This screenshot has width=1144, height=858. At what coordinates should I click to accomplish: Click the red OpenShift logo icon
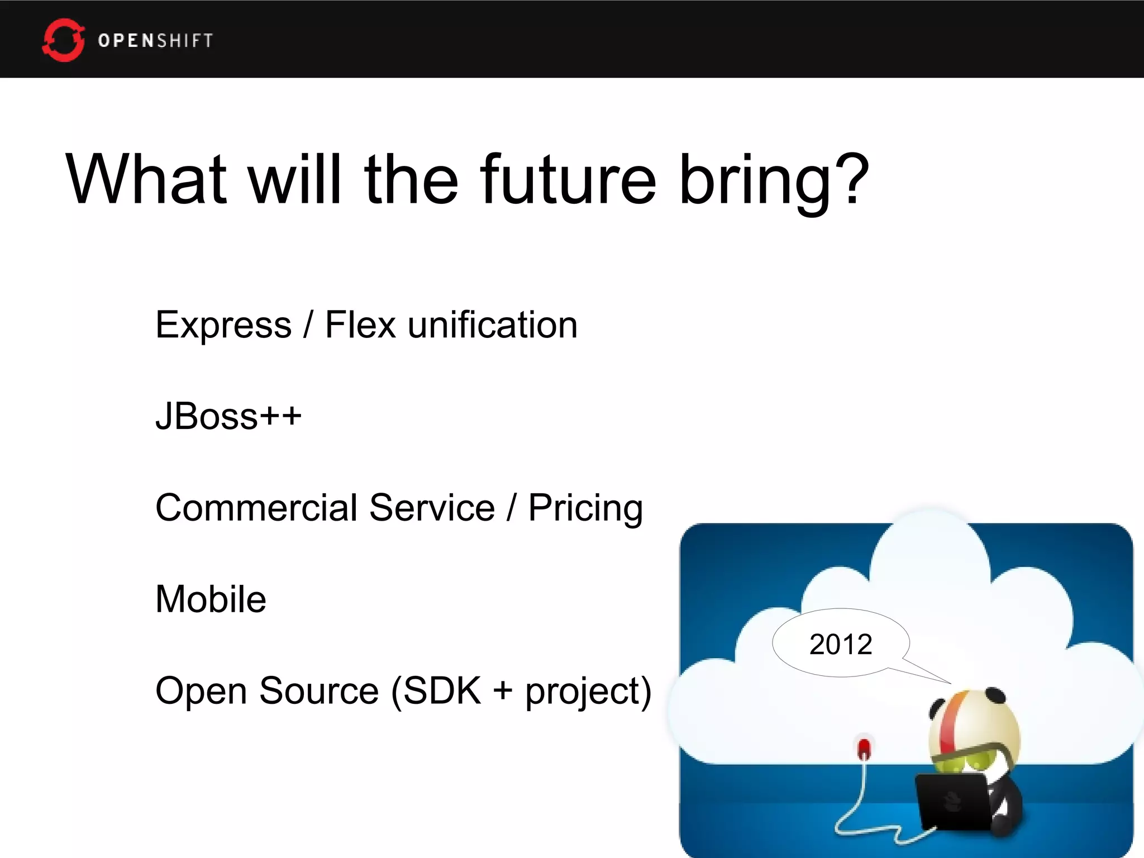(x=63, y=40)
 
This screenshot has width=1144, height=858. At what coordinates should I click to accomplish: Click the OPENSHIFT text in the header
(x=155, y=41)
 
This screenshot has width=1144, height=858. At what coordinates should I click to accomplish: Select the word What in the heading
(x=146, y=180)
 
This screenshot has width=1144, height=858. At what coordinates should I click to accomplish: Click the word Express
(x=223, y=326)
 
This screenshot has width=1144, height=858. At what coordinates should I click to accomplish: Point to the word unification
(x=492, y=325)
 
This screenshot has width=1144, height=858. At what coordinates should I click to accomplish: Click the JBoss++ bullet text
(x=228, y=417)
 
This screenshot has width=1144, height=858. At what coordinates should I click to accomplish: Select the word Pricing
(x=585, y=509)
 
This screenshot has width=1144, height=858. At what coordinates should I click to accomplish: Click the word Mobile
(x=211, y=599)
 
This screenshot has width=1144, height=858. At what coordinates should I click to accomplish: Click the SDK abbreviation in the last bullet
(x=442, y=691)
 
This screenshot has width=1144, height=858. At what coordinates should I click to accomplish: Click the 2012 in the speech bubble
(x=840, y=645)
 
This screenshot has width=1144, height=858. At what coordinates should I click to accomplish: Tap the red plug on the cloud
(x=864, y=749)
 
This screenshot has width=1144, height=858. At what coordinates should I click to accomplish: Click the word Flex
(x=360, y=325)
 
